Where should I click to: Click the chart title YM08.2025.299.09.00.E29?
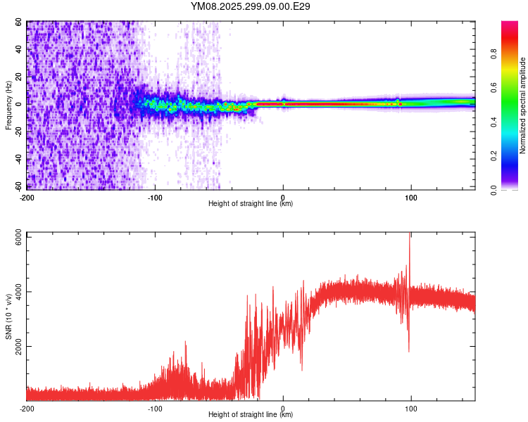click(x=251, y=6)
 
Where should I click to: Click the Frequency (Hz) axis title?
click(x=8, y=105)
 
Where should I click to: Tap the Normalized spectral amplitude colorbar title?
click(x=522, y=105)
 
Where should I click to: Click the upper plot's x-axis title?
click(x=251, y=204)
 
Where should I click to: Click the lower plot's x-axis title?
click(x=251, y=415)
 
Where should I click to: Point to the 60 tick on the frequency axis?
click(x=19, y=22)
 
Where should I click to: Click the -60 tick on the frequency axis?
click(x=18, y=186)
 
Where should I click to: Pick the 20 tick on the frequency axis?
click(x=19, y=77)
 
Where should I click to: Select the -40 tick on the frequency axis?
click(x=18, y=159)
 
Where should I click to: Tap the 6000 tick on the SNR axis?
click(x=15, y=237)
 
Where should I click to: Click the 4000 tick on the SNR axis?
click(x=15, y=292)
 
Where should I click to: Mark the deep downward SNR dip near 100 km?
click(x=408, y=350)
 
